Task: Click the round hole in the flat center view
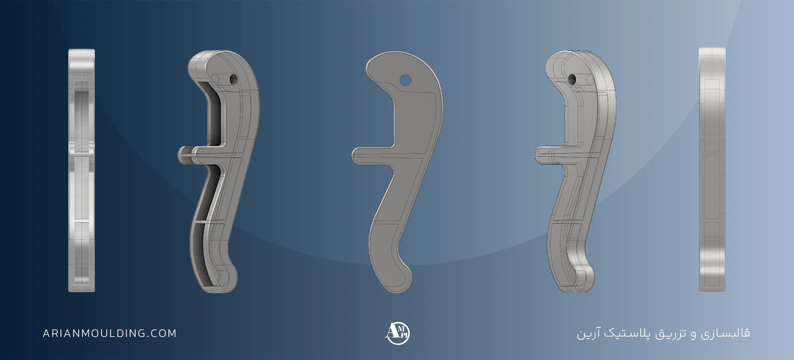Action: (405, 81)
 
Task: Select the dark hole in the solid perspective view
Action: (572, 79)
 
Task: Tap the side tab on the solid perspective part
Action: (552, 155)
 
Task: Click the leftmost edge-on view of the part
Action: (82, 171)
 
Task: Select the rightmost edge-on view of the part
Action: (712, 170)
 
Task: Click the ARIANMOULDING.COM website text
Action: (110, 333)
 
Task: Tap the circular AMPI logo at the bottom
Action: (397, 333)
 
